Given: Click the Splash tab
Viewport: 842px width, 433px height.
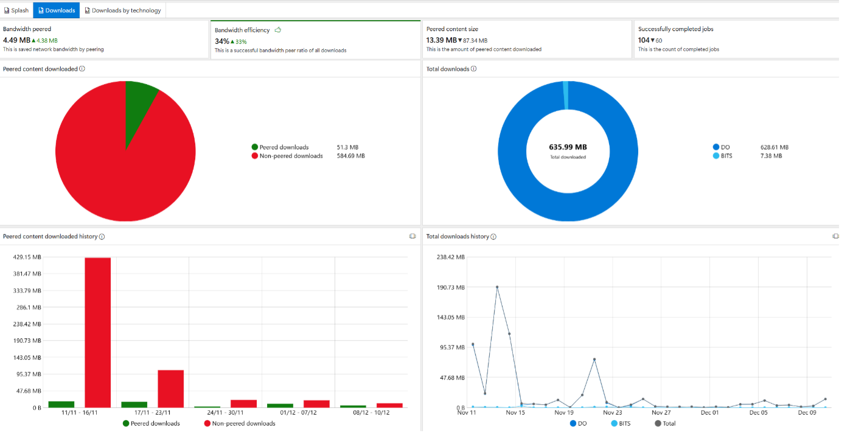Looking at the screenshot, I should pyautogui.click(x=16, y=10).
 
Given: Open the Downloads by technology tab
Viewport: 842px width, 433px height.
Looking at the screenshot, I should pyautogui.click(x=123, y=10).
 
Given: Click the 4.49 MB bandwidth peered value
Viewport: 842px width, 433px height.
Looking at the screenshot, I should pyautogui.click(x=16, y=40).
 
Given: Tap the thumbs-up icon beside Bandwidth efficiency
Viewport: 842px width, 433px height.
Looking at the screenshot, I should pyautogui.click(x=278, y=30).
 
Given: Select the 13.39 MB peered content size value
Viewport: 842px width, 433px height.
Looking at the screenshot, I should pyautogui.click(x=441, y=40).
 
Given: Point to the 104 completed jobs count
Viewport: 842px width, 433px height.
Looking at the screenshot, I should pyautogui.click(x=644, y=40).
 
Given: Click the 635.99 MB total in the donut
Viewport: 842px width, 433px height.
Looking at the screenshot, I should pyautogui.click(x=568, y=147).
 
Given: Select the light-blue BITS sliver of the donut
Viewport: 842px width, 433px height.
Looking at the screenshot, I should pyautogui.click(x=566, y=96).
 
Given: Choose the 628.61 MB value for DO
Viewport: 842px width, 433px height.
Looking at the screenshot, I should pyautogui.click(x=774, y=147).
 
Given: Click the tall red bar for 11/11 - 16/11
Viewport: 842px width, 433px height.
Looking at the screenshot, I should pyautogui.click(x=97, y=332).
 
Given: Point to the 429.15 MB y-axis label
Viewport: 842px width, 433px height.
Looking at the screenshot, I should pyautogui.click(x=27, y=258).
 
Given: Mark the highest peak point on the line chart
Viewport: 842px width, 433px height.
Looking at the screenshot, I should pyautogui.click(x=497, y=287).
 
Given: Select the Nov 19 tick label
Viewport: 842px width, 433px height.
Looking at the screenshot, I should pyautogui.click(x=565, y=413).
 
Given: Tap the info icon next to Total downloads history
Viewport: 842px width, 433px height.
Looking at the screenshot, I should pyautogui.click(x=493, y=237).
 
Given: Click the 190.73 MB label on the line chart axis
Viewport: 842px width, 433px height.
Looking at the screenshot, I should pyautogui.click(x=450, y=287).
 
